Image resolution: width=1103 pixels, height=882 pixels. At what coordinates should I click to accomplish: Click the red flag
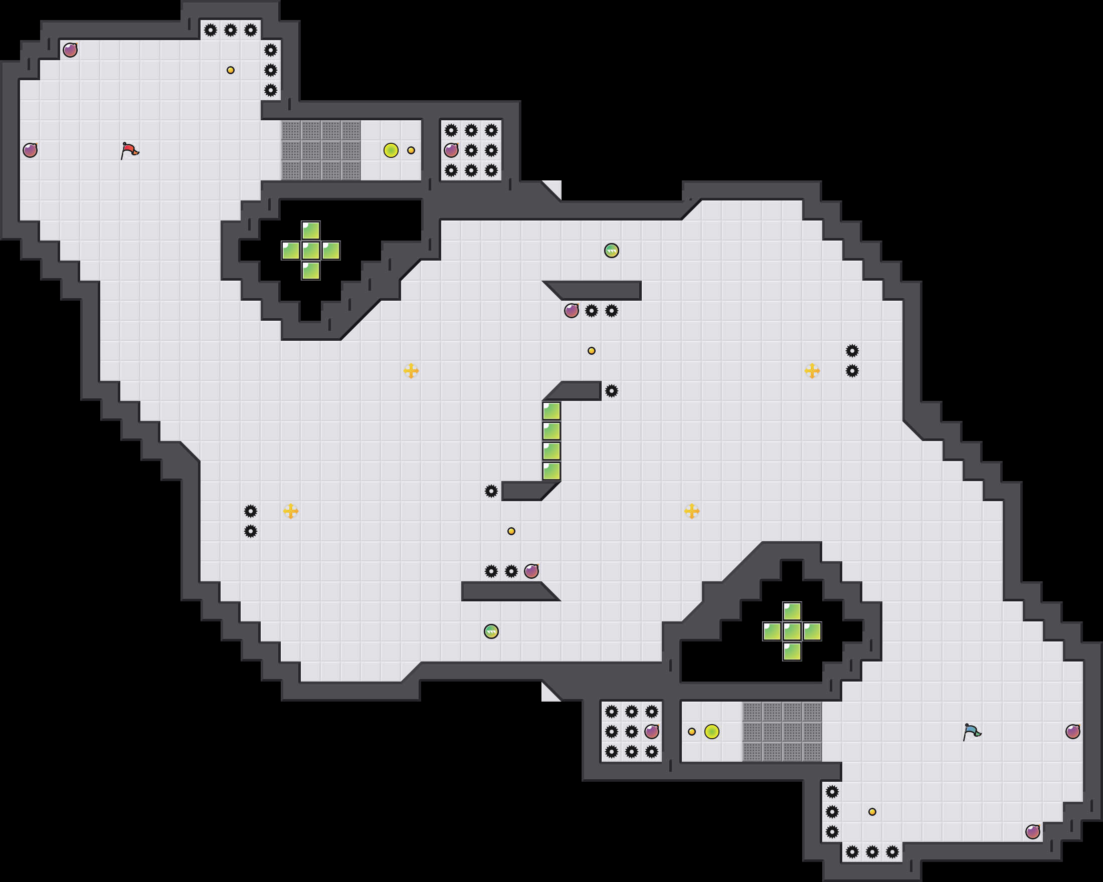(129, 150)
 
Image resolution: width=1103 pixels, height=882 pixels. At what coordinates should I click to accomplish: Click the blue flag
(972, 731)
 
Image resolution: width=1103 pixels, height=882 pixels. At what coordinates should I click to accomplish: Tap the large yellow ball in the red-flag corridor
(391, 150)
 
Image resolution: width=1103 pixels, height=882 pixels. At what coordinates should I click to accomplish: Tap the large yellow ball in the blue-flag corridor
(711, 732)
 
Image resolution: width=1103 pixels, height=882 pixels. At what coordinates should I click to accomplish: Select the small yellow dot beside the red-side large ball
(411, 150)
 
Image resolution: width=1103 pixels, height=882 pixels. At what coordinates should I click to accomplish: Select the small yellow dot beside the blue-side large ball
(692, 732)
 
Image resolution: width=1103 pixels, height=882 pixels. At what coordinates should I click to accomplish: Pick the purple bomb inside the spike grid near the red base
(451, 150)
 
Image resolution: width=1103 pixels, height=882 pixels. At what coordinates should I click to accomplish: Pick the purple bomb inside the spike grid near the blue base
(651, 732)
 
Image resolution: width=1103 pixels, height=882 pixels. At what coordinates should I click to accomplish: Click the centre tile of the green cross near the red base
(310, 251)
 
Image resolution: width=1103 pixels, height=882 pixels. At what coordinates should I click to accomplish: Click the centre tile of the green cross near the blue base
(792, 631)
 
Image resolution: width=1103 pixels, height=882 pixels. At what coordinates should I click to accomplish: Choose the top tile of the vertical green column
(551, 411)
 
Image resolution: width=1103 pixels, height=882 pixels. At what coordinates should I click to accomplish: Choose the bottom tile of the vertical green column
(551, 471)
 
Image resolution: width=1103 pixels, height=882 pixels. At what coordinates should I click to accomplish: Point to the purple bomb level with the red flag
(30, 150)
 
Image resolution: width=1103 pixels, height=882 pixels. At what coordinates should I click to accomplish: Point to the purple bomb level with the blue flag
(1073, 732)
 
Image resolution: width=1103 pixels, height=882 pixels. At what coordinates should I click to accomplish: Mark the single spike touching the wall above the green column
(611, 391)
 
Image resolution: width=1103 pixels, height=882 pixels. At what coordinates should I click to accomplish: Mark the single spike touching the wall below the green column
(491, 491)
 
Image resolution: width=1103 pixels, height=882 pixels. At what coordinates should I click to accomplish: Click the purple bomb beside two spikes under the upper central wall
(572, 311)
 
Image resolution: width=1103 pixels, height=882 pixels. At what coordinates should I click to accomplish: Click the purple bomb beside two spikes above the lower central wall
(531, 571)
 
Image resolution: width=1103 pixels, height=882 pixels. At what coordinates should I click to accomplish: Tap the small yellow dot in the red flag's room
(230, 70)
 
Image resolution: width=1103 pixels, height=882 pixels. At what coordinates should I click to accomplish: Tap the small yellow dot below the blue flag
(872, 812)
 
